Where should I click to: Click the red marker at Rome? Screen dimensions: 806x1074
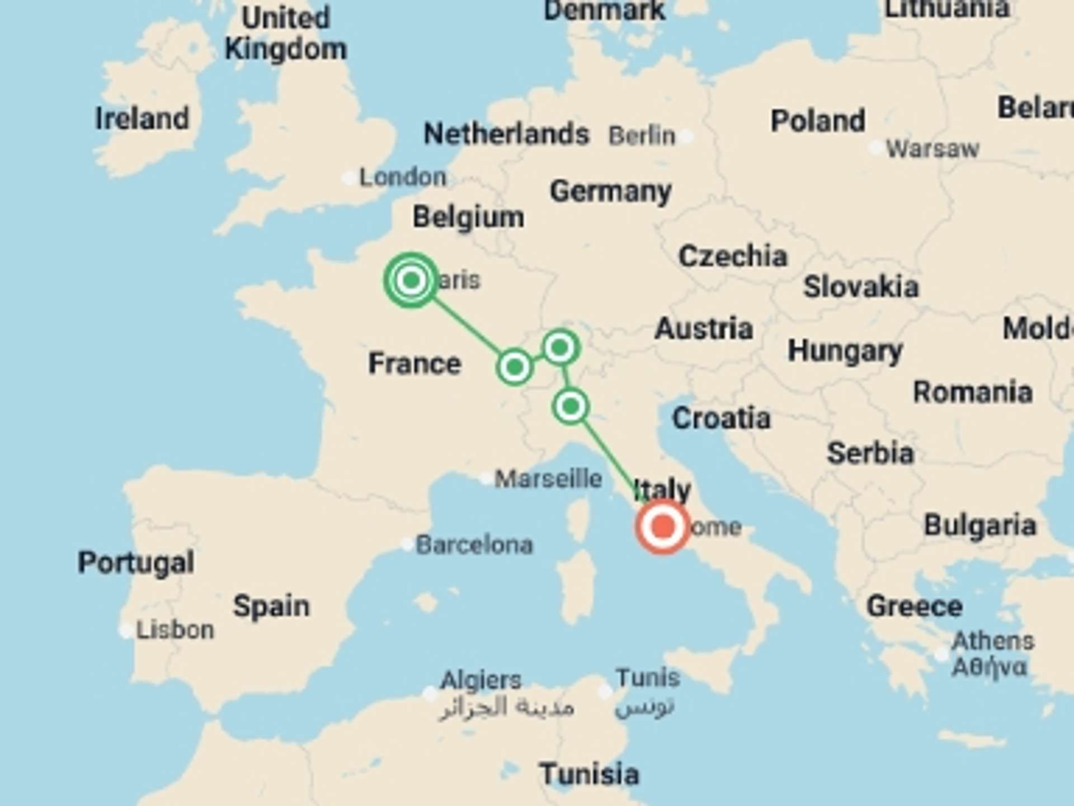pos(663,527)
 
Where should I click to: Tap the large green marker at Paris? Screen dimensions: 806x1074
pos(411,280)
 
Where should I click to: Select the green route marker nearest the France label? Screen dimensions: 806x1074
pos(514,367)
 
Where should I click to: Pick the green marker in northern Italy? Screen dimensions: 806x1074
pos(570,406)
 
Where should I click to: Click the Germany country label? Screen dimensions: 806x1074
pos(610,192)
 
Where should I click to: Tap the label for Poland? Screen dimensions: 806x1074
pos(818,121)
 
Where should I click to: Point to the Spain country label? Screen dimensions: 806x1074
pos(271,606)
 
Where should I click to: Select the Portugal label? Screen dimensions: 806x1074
pos(136,563)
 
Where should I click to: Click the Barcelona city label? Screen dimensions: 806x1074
pos(474,545)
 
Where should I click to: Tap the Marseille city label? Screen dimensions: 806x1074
pos(548,479)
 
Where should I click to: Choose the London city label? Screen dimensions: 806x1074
pos(403,177)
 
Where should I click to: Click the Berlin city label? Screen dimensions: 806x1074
pos(642,135)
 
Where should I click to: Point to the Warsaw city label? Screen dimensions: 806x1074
pos(932,149)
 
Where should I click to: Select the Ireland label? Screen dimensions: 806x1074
pos(142,119)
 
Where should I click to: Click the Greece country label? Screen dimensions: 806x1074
pos(914,606)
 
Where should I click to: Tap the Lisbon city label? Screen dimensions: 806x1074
pos(175,630)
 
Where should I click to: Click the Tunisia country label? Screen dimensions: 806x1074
pos(589,775)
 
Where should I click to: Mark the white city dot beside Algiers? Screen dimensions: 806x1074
pos(430,694)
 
